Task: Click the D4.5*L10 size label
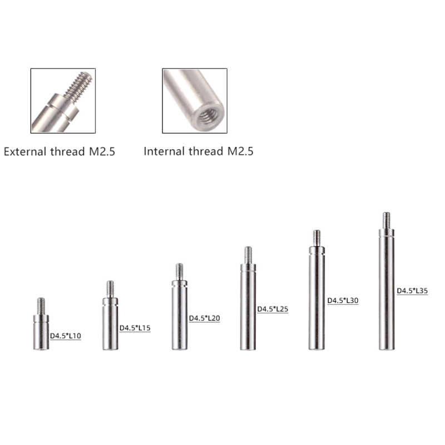point(66,336)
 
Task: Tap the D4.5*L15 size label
point(135,328)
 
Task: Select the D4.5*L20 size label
point(204,318)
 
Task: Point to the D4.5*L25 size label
point(273,309)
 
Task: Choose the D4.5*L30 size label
point(343,300)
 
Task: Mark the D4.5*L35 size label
point(412,290)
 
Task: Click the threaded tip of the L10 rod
point(41,306)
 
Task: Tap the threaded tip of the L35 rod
point(386,220)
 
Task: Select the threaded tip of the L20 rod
point(179,271)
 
